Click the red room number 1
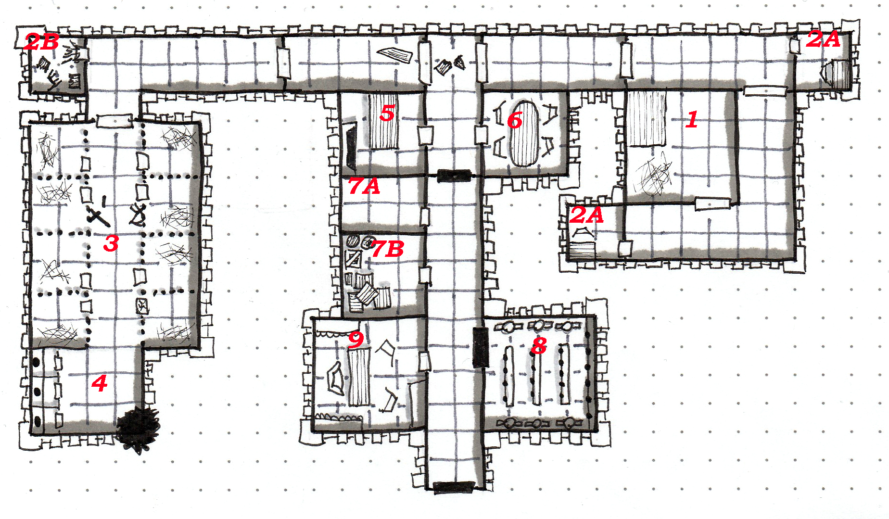coord(692,119)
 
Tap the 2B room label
coord(42,42)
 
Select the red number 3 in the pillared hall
coord(111,243)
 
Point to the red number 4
coord(100,383)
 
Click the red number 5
coord(387,113)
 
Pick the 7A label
coord(365,186)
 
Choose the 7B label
coord(388,249)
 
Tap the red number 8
coord(539,345)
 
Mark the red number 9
coord(356,340)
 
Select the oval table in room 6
coord(524,133)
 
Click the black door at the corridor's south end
coord(454,487)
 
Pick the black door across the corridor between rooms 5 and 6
coord(454,176)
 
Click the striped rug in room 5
coord(383,121)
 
